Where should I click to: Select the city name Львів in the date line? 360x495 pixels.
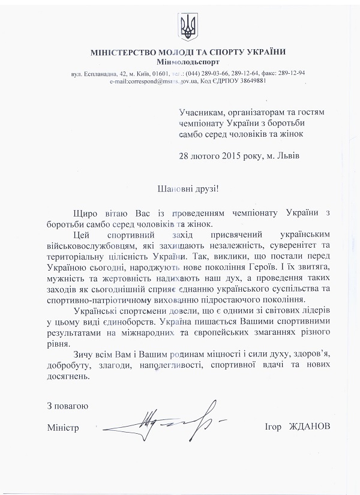pos(287,155)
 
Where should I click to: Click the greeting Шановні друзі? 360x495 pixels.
pos(187,188)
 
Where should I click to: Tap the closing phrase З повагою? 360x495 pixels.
pos(68,406)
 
